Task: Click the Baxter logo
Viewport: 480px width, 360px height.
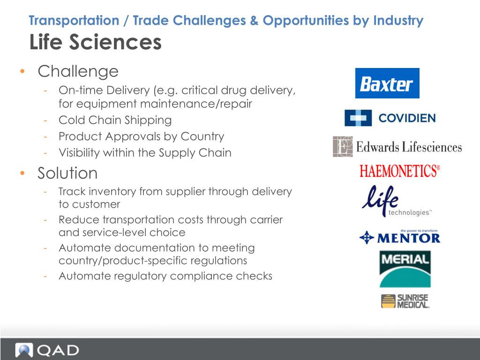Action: tap(387, 83)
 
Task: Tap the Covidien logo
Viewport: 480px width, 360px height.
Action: tap(390, 118)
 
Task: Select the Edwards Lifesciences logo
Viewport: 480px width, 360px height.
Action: tap(397, 147)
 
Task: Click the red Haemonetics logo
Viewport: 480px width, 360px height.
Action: tap(400, 171)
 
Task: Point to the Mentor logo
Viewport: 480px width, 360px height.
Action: tap(400, 237)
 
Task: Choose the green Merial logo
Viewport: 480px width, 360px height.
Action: tap(405, 269)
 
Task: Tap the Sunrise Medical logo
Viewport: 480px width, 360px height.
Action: tap(405, 301)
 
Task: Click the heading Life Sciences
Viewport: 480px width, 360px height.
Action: tap(96, 42)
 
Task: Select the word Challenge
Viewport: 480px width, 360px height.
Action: tap(78, 72)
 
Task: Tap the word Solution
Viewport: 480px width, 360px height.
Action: tap(67, 173)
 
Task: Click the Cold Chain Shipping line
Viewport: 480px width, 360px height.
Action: tap(115, 120)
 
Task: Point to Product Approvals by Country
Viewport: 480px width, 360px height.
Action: tap(141, 136)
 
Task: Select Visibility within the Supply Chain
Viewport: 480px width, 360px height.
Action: tap(145, 153)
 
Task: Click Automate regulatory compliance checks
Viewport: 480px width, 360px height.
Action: tap(165, 276)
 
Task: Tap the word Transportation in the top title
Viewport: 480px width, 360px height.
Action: tap(74, 21)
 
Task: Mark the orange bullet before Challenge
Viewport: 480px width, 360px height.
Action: tap(22, 72)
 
